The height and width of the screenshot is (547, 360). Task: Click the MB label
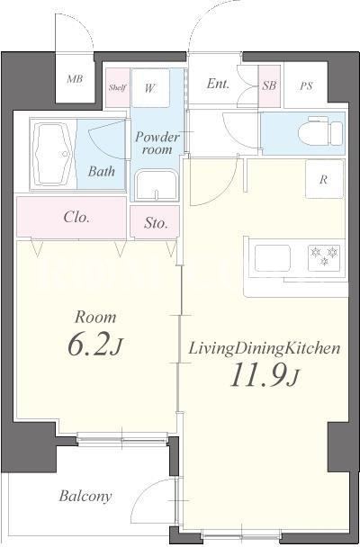coord(75,79)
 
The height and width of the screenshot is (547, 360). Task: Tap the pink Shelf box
coord(118,87)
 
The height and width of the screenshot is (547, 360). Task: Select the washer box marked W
coord(150,88)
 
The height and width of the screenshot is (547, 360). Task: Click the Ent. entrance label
coord(218,84)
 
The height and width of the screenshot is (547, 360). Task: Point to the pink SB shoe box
coord(269,85)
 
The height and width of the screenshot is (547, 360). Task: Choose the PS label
coord(306,85)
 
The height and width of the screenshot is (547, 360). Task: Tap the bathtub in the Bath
coord(53,155)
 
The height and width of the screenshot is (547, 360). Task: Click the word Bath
coord(101,171)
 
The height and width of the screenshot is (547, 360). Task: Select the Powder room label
coord(157,143)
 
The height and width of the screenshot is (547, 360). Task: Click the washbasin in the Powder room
coord(157,185)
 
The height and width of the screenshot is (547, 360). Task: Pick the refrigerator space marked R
coord(324,179)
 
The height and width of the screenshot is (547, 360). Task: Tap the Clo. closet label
coord(76,218)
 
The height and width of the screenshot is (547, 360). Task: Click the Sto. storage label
coord(156,223)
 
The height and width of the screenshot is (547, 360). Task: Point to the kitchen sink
coord(273,258)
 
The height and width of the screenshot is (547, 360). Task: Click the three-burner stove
coord(324,257)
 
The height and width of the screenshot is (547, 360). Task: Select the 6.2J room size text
coord(94,345)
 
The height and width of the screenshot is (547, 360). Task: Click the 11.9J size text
coord(264,375)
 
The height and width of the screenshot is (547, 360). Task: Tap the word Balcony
coord(85,496)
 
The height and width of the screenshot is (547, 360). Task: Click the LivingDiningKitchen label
coord(264,349)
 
